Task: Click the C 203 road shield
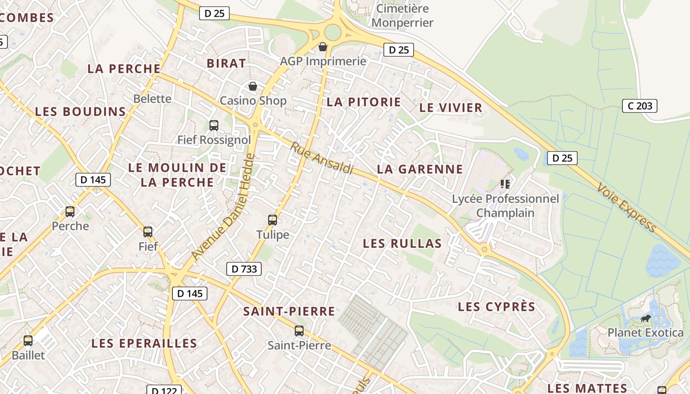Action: click(640, 105)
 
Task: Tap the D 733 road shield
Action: click(244, 269)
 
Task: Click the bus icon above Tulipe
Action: click(273, 220)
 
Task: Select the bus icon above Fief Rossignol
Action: click(214, 125)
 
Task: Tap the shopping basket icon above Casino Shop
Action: click(253, 87)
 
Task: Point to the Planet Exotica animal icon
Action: click(646, 319)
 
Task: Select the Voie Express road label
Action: click(626, 207)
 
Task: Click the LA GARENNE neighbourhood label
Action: click(420, 169)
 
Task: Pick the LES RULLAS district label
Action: click(402, 243)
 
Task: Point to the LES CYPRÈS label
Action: click(496, 307)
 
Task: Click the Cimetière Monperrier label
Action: click(403, 16)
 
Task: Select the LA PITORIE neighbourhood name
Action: click(364, 102)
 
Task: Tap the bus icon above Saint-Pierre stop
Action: click(299, 330)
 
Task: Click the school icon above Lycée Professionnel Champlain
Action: click(505, 184)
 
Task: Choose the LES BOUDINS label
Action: click(81, 112)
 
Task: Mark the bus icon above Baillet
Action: click(28, 340)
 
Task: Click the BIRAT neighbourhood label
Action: click(226, 63)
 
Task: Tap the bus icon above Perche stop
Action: click(70, 212)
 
